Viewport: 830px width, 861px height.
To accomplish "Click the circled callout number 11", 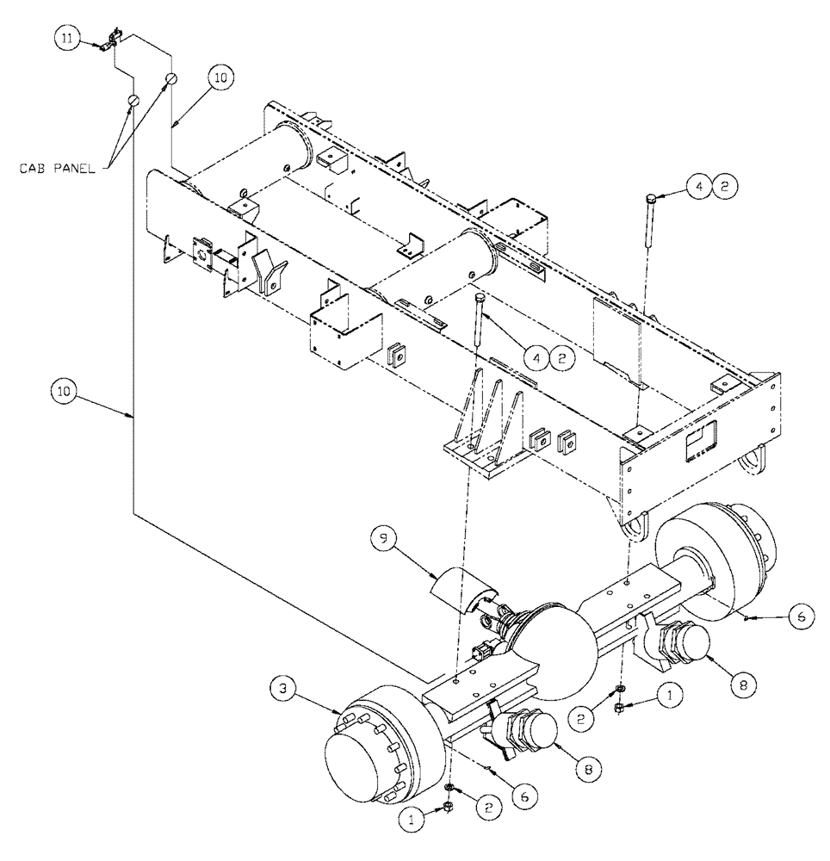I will (69, 38).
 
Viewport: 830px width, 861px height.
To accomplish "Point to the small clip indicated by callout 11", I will (109, 43).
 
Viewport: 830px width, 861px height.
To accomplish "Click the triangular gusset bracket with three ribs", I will (486, 430).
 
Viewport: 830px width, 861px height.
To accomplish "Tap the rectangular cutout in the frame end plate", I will (698, 440).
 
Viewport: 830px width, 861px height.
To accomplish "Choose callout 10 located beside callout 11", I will (219, 77).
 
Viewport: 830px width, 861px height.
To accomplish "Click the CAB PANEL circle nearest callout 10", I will (170, 79).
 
